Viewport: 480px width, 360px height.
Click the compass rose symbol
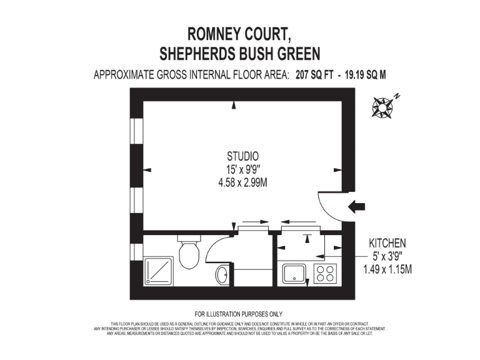coord(382,107)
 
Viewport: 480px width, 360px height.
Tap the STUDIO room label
coord(242,156)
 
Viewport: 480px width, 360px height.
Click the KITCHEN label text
coord(387,243)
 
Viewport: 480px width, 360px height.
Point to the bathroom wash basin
coord(221,274)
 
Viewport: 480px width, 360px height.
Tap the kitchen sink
coord(294,274)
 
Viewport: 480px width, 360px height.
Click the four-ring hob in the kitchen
coord(325,274)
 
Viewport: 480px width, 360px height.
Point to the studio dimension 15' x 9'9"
coord(242,169)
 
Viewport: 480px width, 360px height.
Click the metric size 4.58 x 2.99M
coord(242,183)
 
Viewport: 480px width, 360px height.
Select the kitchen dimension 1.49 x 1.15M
coord(387,270)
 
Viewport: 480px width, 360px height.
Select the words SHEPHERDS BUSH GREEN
coord(240,54)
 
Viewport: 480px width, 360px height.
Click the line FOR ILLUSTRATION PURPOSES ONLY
coord(239,314)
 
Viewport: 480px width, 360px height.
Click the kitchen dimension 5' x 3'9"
coord(387,256)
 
